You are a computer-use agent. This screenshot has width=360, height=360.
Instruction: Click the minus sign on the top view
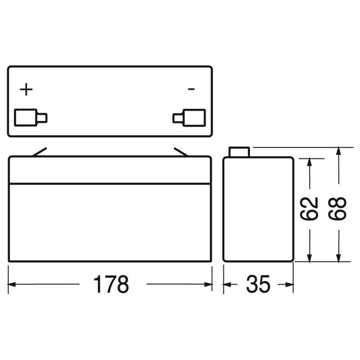pos(191,90)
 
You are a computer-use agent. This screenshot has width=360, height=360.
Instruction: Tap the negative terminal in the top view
pos(189,117)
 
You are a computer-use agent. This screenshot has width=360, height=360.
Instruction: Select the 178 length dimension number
pos(111,284)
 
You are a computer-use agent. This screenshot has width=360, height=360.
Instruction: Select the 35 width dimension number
pos(258,284)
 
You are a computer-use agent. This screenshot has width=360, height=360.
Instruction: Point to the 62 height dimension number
pos(309,209)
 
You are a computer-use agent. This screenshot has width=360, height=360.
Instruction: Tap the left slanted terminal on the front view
pos(39,152)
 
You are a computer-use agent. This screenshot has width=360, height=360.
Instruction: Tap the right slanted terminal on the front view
pos(181,152)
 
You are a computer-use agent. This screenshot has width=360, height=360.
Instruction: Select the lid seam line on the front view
pos(110,183)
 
